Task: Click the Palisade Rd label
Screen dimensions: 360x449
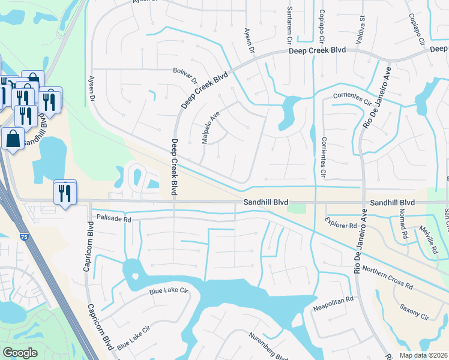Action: click(110, 220)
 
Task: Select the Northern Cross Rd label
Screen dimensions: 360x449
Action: click(388, 277)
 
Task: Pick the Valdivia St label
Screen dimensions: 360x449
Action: click(362, 27)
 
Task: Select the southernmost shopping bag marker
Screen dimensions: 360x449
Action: click(13, 139)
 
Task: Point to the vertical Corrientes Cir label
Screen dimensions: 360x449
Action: click(323, 158)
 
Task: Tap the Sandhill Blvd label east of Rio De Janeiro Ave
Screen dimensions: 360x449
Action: click(393, 203)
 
